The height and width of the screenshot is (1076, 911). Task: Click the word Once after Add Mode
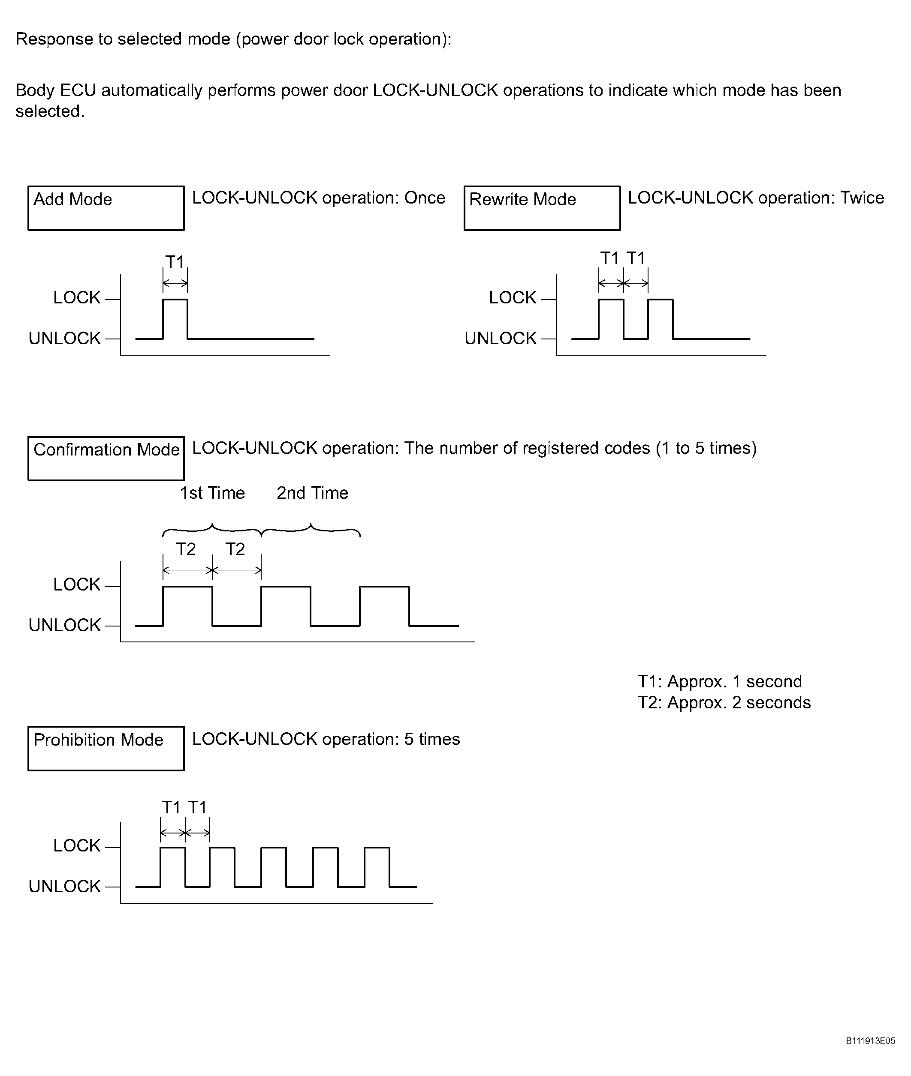point(425,198)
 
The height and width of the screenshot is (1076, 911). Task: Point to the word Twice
point(862,198)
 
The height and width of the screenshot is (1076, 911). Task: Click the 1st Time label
point(212,493)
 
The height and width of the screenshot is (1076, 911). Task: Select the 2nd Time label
point(312,493)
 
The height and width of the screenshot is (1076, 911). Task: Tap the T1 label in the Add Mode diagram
point(175,262)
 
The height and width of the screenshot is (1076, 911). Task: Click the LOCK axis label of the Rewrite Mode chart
point(513,297)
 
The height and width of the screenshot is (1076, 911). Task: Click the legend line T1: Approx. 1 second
point(720,681)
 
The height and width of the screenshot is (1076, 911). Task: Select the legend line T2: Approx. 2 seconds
point(724,702)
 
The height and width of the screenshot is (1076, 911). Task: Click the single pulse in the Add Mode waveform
point(175,300)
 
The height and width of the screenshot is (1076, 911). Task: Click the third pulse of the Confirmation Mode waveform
point(384,587)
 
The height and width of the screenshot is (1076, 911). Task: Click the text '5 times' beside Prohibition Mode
point(432,739)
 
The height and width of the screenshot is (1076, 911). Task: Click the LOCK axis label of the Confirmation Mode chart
point(77,584)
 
